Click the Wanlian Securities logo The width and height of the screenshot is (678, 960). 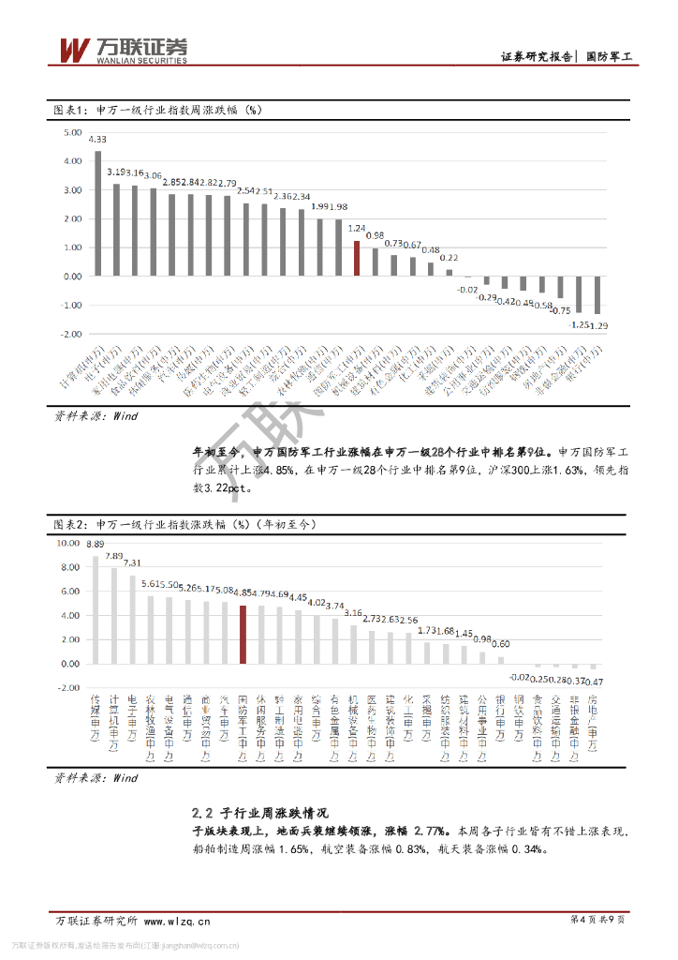123,50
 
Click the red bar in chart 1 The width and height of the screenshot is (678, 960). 357,258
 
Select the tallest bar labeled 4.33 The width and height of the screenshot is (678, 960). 97,214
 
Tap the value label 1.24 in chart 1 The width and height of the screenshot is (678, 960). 357,228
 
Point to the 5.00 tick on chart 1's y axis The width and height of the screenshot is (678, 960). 73,133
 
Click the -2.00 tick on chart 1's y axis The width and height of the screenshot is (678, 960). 73,334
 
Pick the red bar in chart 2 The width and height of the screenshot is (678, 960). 243,634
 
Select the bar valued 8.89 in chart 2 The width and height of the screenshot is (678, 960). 96,609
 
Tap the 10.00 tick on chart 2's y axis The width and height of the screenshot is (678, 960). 69,543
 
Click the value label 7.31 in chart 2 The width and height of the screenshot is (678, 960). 133,563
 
